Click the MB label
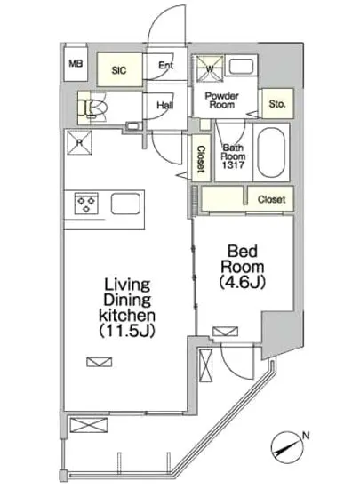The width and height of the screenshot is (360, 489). pyautogui.click(x=76, y=64)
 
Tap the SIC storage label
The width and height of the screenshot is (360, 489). pyautogui.click(x=119, y=70)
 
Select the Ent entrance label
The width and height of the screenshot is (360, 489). pyautogui.click(x=166, y=65)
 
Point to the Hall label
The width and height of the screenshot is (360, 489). pyautogui.click(x=164, y=105)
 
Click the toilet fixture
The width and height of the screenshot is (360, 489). pyautogui.click(x=92, y=108)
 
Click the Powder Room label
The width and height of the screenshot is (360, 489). pyautogui.click(x=221, y=100)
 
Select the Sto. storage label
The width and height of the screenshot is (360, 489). pyautogui.click(x=277, y=103)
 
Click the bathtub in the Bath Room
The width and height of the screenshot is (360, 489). pyautogui.click(x=271, y=153)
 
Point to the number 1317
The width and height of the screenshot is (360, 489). pyautogui.click(x=233, y=164)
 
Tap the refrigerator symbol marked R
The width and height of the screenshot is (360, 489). pyautogui.click(x=80, y=143)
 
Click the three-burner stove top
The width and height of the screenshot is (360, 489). pyautogui.click(x=86, y=204)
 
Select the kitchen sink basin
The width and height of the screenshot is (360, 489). pyautogui.click(x=125, y=204)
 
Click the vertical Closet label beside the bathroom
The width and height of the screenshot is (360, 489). pyautogui.click(x=202, y=159)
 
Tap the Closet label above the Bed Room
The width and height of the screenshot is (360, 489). pyautogui.click(x=271, y=199)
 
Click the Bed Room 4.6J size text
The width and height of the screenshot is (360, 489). pyautogui.click(x=242, y=283)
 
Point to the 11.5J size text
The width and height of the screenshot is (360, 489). pyautogui.click(x=127, y=332)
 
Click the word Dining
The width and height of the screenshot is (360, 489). pyautogui.click(x=127, y=300)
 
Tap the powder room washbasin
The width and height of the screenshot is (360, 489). pyautogui.click(x=241, y=66)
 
